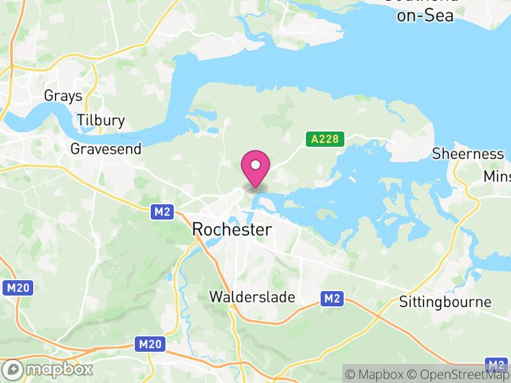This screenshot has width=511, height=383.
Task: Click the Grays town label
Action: (63, 96)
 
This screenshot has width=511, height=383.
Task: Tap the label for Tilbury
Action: (100, 121)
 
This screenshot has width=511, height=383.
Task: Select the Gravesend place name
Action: (106, 149)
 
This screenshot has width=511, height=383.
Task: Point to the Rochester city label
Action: (232, 230)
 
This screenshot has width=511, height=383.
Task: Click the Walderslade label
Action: (252, 297)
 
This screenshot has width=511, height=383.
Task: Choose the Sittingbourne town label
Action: (445, 302)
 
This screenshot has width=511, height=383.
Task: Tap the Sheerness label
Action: (468, 154)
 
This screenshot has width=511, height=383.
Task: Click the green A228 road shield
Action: (324, 139)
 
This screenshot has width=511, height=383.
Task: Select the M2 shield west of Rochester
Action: (162, 212)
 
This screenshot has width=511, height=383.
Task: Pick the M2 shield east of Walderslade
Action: (332, 298)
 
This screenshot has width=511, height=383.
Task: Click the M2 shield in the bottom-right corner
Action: (496, 365)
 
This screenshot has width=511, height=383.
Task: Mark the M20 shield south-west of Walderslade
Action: (151, 345)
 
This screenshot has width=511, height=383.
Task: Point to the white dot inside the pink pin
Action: (256, 165)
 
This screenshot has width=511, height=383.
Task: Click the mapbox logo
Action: (49, 369)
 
